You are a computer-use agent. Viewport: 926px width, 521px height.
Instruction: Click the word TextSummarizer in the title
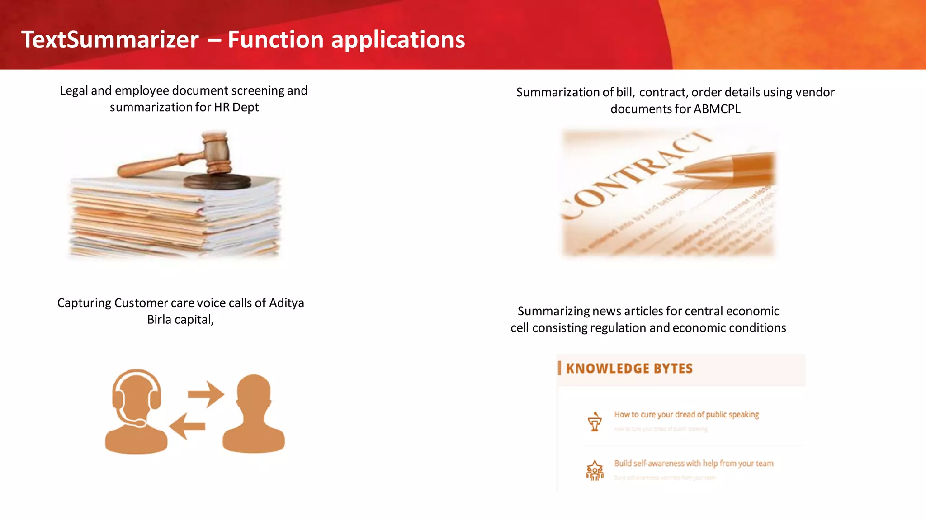110,40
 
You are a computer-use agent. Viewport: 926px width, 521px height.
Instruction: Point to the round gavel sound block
217,181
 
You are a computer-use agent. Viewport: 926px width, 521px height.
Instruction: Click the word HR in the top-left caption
222,107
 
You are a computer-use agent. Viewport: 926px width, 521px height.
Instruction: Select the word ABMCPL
717,109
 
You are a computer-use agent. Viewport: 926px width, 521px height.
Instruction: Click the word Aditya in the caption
286,303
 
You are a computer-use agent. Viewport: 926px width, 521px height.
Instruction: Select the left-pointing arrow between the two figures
187,426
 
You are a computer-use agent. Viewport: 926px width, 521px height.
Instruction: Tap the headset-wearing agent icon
136,412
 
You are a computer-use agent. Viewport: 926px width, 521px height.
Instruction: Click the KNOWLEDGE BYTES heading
629,369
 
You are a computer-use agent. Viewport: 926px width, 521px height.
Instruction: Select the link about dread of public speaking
686,415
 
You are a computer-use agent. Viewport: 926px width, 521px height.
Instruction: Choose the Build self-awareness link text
694,464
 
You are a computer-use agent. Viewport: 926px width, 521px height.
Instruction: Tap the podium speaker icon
595,422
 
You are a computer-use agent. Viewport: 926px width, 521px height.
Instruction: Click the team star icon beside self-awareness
595,471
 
